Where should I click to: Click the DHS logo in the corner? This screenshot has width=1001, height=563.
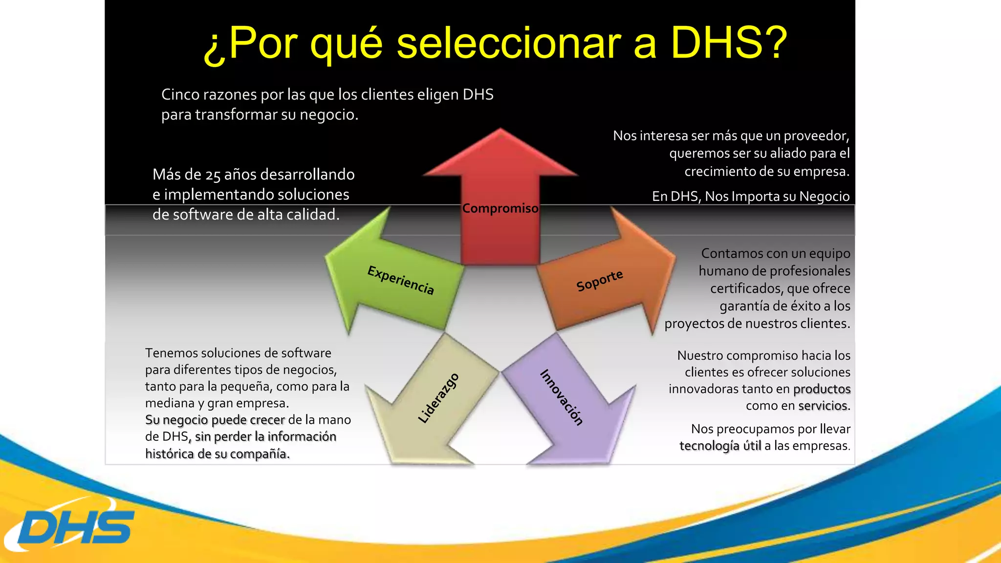(x=73, y=527)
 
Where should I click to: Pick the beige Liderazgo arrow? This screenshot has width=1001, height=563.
(x=435, y=401)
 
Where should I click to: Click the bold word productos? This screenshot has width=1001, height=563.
(x=822, y=389)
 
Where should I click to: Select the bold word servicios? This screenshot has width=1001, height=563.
(x=824, y=406)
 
